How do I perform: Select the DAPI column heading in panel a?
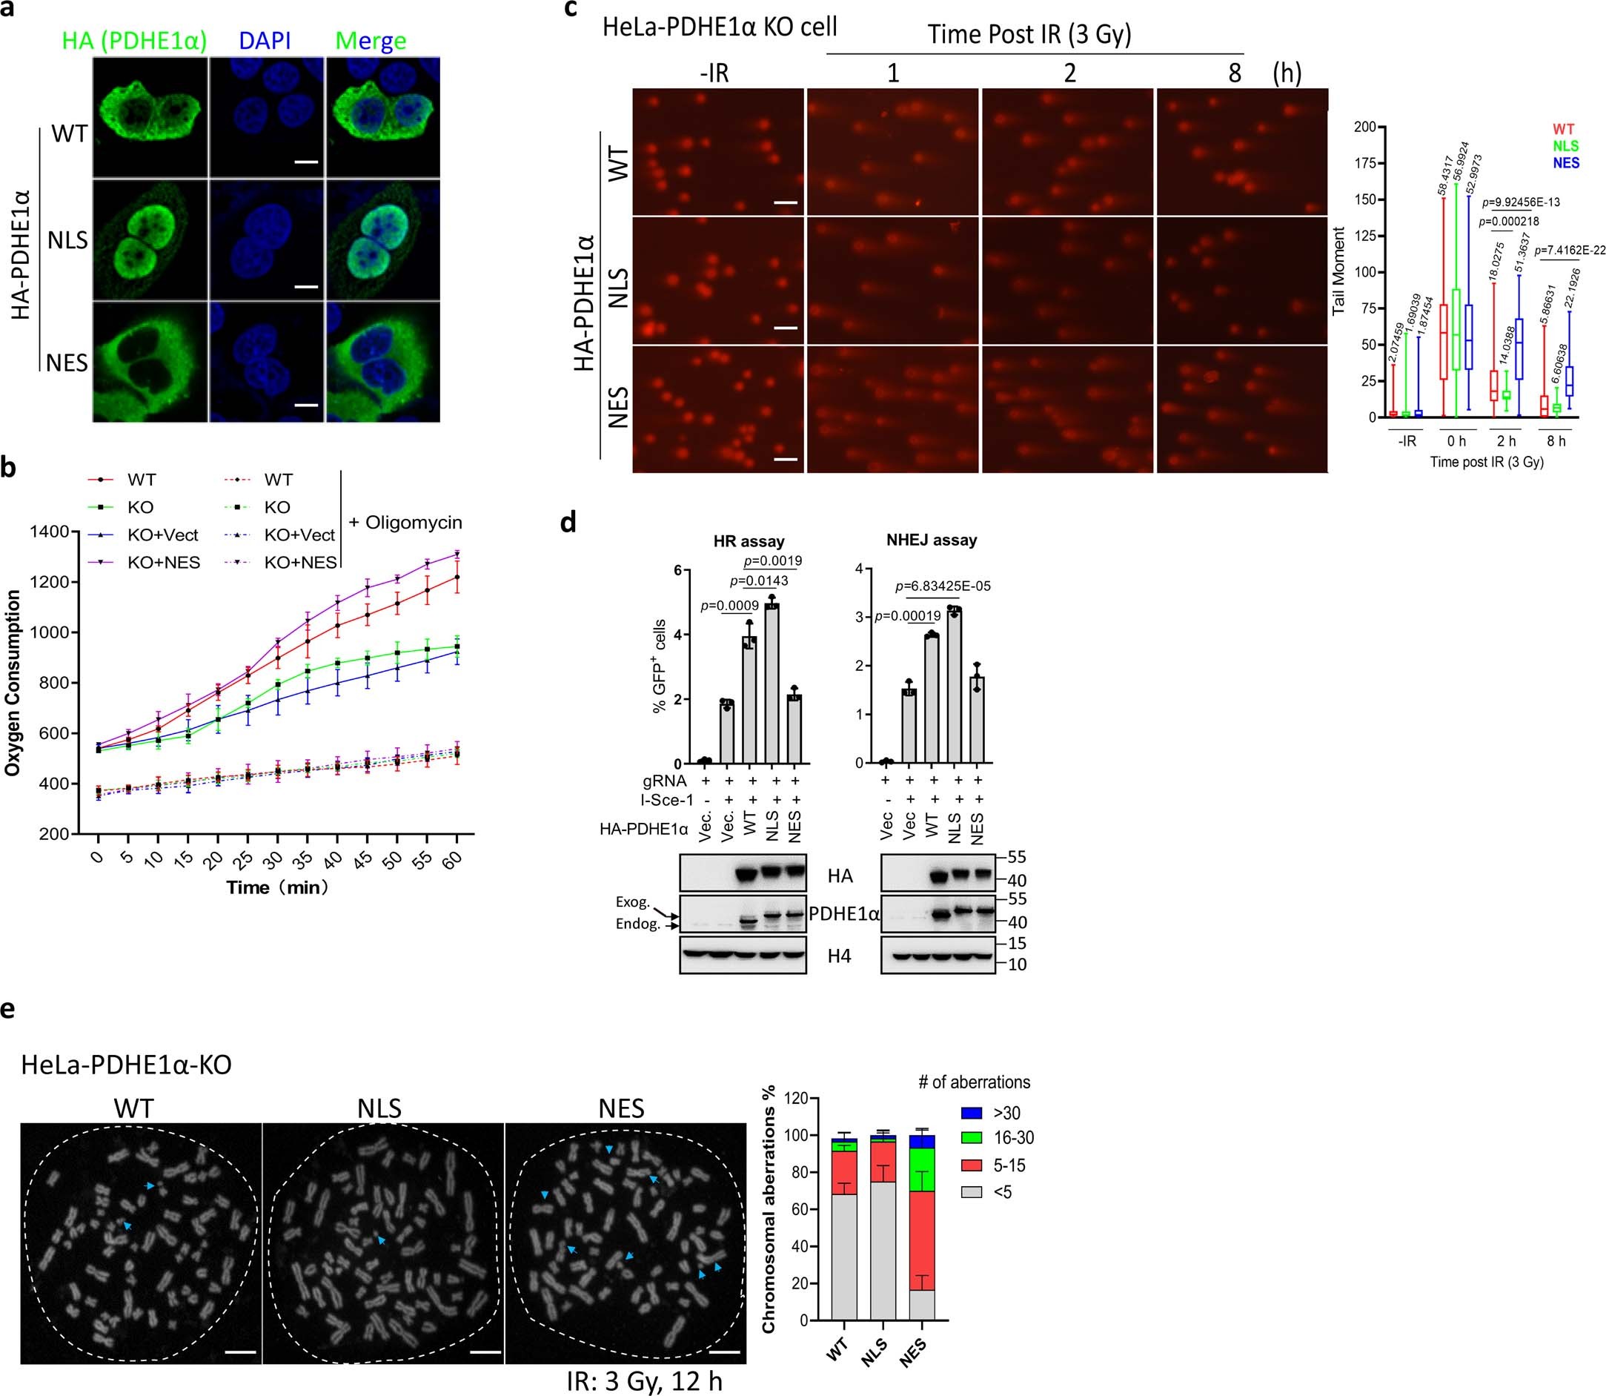coord(265,41)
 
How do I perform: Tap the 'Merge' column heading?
coord(371,41)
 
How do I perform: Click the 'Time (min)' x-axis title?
coord(277,887)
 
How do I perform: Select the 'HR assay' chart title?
coord(749,540)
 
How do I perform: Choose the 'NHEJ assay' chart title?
coord(932,540)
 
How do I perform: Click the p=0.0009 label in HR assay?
coord(730,605)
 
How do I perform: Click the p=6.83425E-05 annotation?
coord(943,586)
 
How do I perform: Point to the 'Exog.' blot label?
coord(632,902)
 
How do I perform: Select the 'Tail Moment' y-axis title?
coord(1338,271)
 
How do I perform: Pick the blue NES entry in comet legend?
coord(1565,163)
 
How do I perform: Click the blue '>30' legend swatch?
coord(970,1114)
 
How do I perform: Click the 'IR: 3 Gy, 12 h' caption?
coord(644,1381)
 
